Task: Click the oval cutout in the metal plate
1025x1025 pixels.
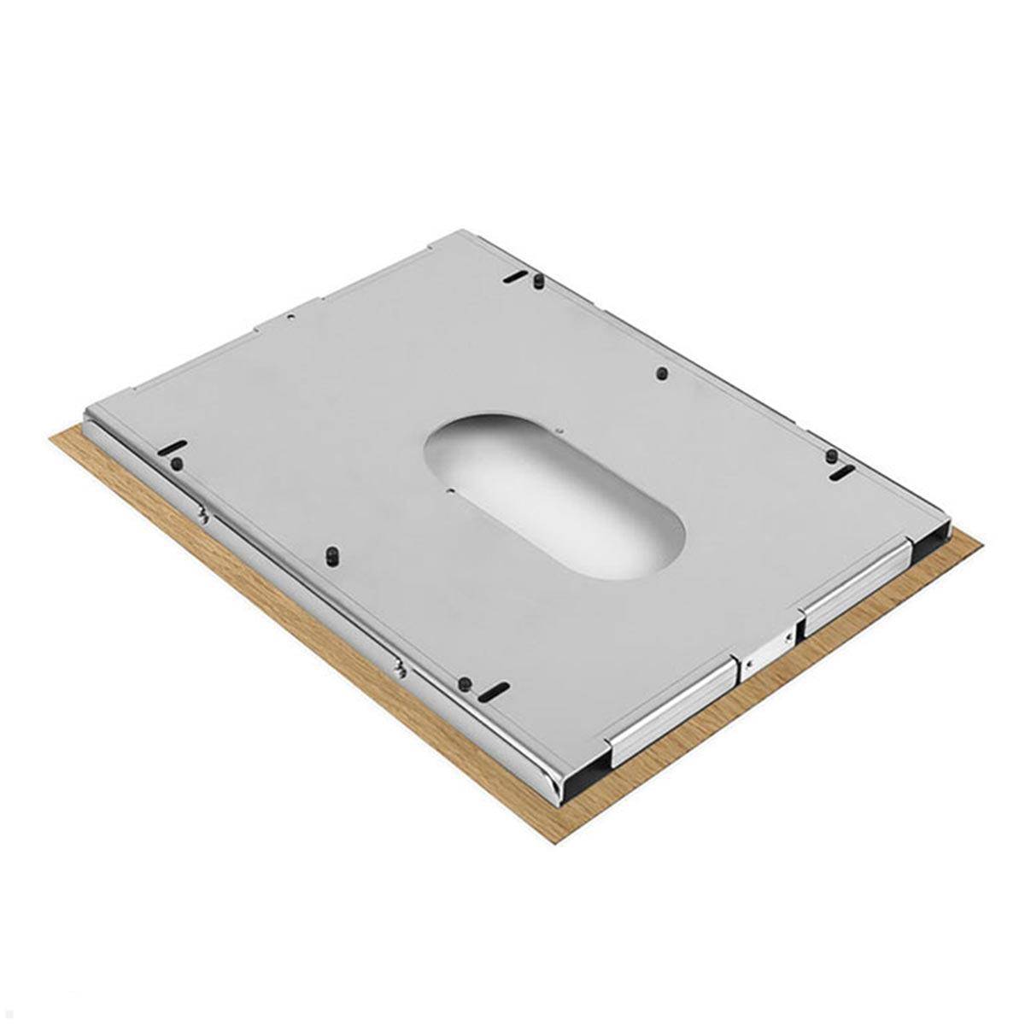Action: (555, 495)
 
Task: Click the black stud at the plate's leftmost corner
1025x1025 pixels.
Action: (177, 463)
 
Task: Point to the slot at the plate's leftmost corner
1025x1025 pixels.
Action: (172, 448)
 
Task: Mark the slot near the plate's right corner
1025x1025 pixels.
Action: (841, 472)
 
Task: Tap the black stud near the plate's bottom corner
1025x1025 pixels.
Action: (465, 683)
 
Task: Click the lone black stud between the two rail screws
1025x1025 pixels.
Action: (330, 557)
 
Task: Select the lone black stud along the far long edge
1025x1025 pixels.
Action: (662, 373)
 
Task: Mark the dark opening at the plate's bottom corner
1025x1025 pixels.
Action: (585, 773)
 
